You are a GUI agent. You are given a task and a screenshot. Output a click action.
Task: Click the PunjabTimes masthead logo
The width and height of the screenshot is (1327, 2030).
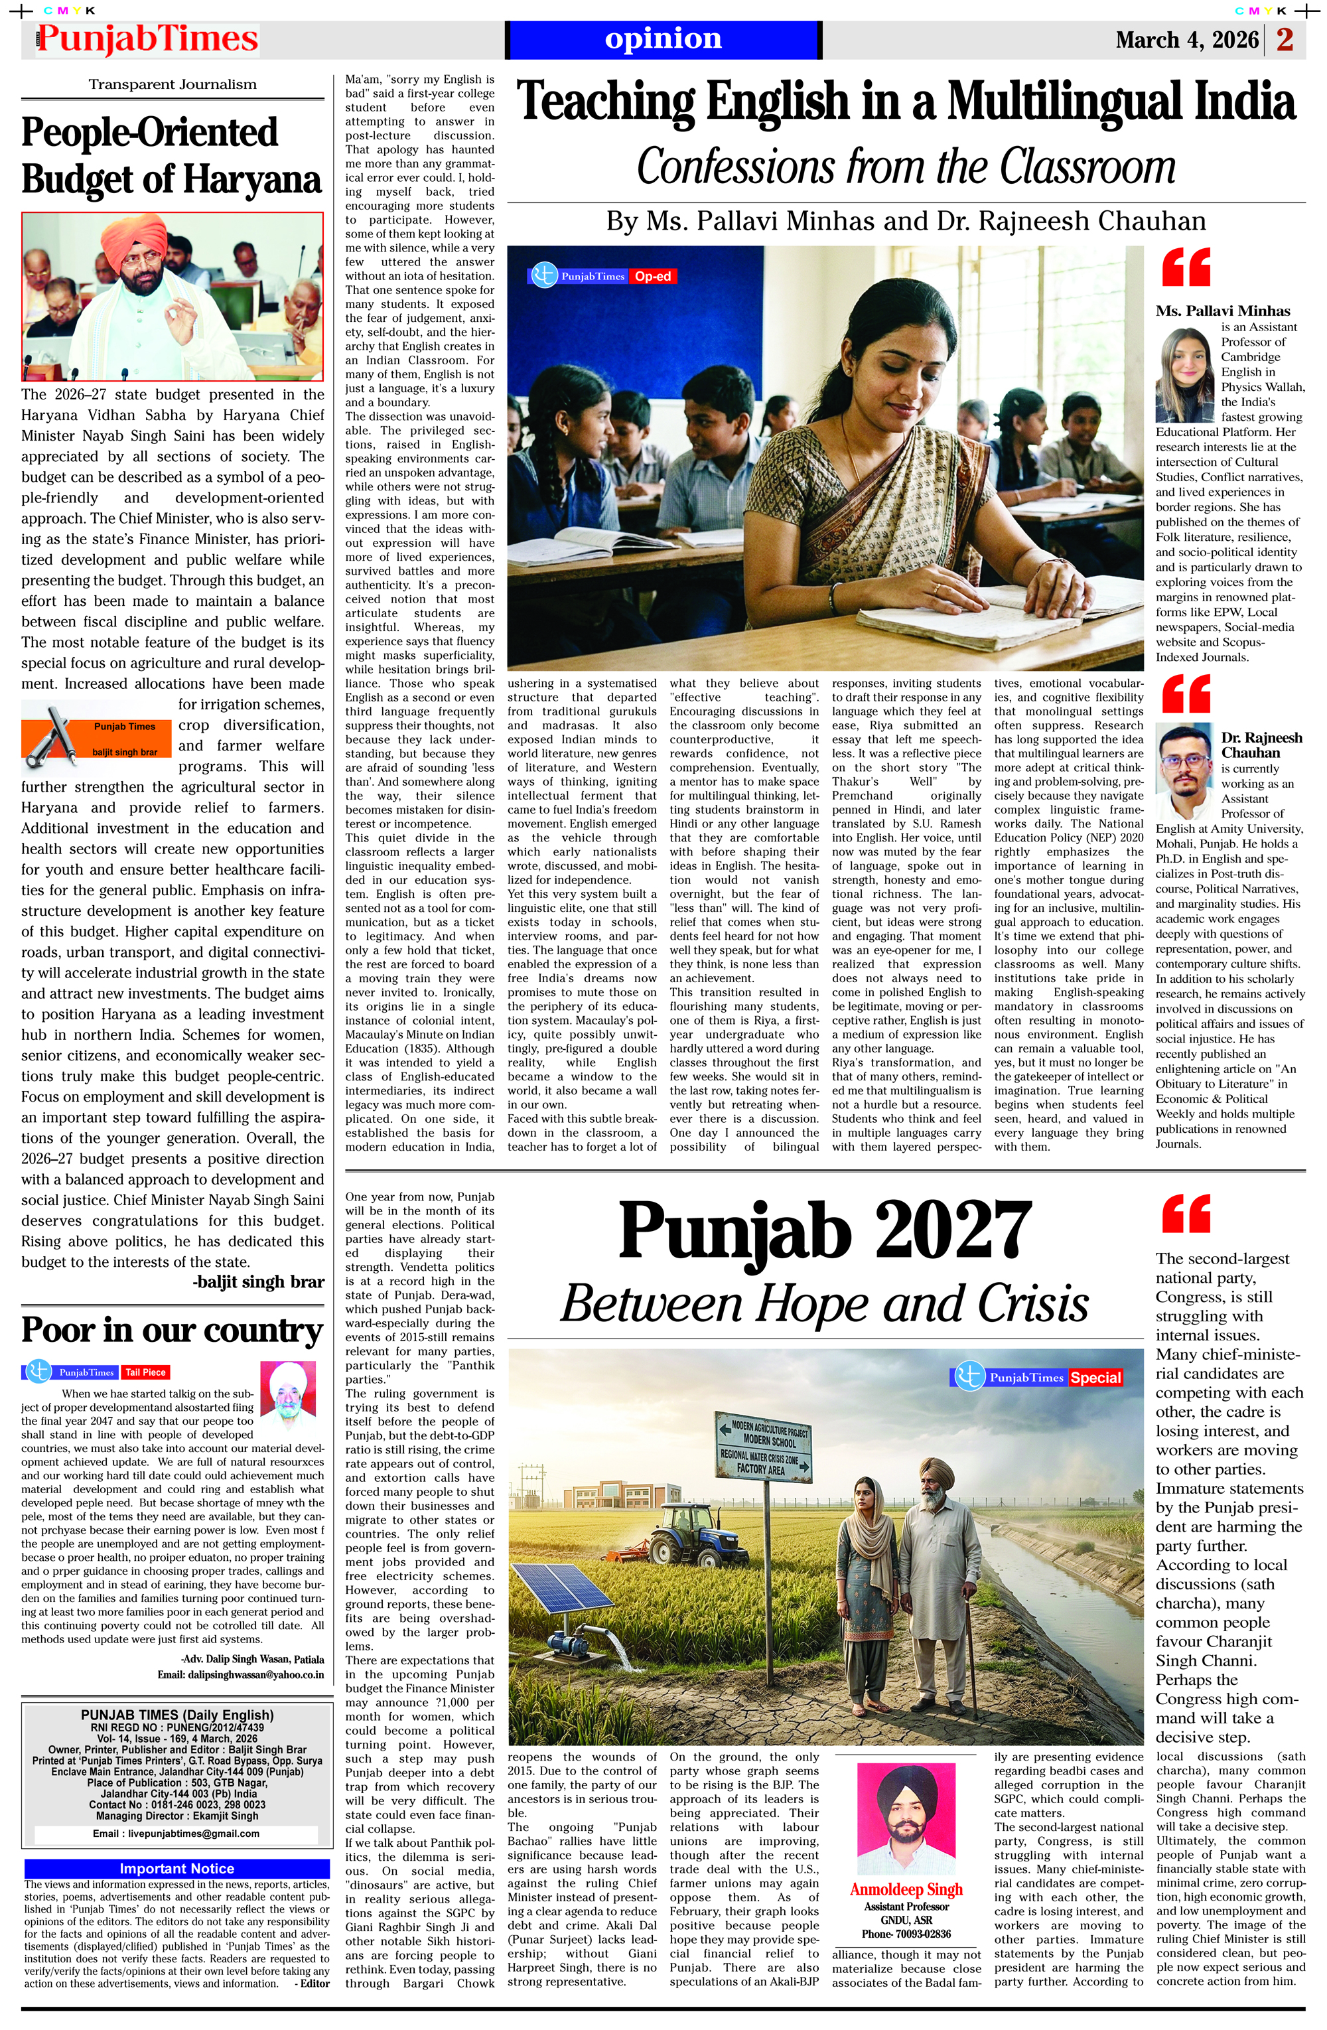click(x=147, y=39)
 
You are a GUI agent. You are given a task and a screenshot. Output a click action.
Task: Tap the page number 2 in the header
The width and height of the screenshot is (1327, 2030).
click(x=1285, y=39)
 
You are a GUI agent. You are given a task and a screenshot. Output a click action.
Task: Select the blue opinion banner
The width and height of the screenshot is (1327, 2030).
click(x=663, y=39)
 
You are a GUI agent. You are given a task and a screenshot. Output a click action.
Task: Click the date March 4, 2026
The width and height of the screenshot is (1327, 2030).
click(x=1186, y=40)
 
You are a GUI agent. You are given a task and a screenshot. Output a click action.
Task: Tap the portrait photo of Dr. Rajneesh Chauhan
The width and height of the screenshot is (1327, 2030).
click(x=1186, y=771)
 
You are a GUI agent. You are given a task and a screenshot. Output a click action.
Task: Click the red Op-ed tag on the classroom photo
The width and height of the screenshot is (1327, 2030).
click(x=652, y=276)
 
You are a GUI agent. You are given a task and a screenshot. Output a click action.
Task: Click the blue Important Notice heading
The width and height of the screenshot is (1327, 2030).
click(x=176, y=1869)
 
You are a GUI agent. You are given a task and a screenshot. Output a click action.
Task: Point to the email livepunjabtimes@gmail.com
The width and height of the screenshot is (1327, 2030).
click(x=176, y=1833)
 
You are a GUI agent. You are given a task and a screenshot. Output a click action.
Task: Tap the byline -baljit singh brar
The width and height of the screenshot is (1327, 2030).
click(x=258, y=1281)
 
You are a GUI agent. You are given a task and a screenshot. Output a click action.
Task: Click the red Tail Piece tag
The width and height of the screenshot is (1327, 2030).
click(x=145, y=1372)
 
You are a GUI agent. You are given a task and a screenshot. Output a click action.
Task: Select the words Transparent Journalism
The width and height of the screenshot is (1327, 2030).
click(x=173, y=84)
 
